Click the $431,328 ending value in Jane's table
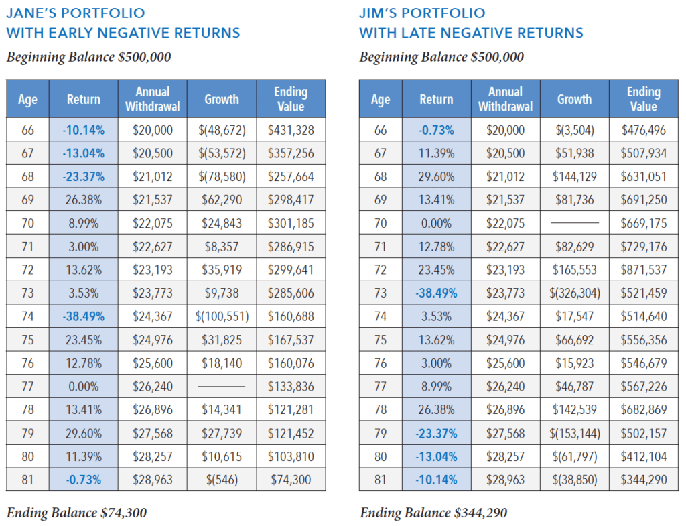[x=291, y=130]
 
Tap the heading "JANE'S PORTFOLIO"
[x=75, y=13]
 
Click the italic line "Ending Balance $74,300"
[x=76, y=513]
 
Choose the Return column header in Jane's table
[x=83, y=99]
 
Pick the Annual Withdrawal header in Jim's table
[x=505, y=99]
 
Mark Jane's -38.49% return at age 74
[x=83, y=316]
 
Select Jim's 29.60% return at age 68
[x=436, y=177]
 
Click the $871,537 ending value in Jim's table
[x=644, y=270]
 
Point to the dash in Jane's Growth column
[x=221, y=387]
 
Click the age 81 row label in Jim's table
[x=381, y=480]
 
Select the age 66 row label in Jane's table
[x=27, y=130]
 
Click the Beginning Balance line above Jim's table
[x=441, y=57]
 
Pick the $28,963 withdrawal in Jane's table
[x=152, y=480]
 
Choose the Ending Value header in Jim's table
[x=644, y=99]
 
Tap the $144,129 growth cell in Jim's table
[x=574, y=177]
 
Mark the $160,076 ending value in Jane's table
[x=291, y=363]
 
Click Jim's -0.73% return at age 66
[x=436, y=130]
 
